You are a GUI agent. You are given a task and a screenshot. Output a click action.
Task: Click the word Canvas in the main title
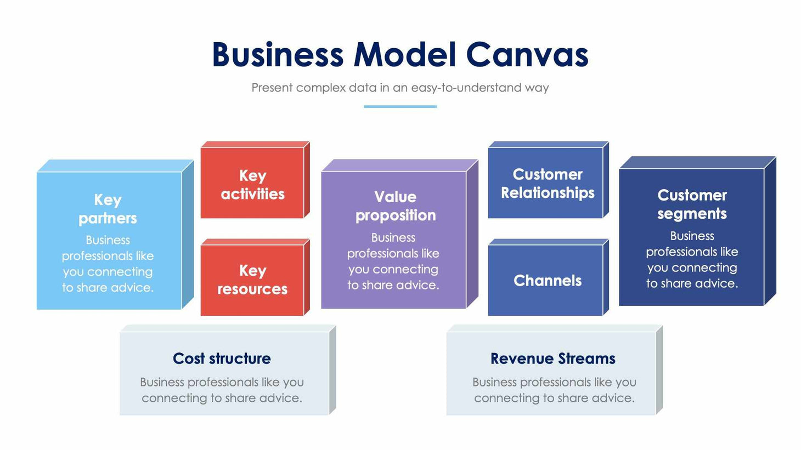(x=527, y=55)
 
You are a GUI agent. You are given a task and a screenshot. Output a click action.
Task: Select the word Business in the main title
(x=278, y=55)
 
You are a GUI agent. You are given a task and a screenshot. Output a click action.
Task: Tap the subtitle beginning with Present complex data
(x=400, y=88)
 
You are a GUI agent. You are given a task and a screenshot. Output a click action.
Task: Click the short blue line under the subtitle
(x=400, y=106)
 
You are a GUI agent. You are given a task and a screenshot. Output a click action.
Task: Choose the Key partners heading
(x=108, y=209)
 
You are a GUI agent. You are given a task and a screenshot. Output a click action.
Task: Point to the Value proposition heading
(x=395, y=206)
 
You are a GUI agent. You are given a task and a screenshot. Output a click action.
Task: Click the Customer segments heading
(x=692, y=204)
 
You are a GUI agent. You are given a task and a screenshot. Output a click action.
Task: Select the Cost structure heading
(x=222, y=358)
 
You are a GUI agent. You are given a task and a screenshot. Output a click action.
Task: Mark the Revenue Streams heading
(x=552, y=358)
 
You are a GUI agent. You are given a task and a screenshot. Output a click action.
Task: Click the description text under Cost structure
(x=222, y=390)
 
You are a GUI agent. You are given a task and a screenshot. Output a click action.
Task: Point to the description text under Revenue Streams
(x=554, y=390)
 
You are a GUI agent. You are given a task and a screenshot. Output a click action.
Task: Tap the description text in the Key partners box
(x=108, y=264)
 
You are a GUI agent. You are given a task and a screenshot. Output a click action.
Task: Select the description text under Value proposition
(x=393, y=261)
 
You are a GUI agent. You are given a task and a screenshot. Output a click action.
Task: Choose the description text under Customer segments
(x=692, y=260)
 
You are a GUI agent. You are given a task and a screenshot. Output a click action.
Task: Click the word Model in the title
(x=404, y=55)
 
